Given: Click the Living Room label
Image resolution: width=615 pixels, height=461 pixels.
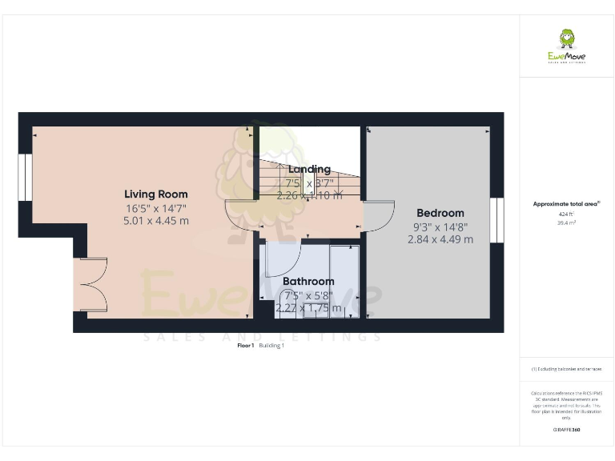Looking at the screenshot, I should coord(156,194).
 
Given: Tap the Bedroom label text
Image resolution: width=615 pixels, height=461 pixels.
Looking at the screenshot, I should coord(440,213).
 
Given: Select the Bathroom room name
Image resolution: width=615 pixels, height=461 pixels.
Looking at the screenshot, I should coord(308,282).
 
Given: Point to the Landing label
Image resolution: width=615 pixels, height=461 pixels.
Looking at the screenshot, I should coord(309,169).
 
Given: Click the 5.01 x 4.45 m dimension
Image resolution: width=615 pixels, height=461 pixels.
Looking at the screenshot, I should coord(156,220).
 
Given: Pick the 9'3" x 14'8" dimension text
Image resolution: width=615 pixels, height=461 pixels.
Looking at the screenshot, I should coord(440,226).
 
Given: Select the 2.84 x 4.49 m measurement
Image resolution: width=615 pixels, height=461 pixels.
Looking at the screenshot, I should coord(440,239).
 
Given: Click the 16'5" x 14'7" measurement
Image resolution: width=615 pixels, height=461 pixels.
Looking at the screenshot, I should coord(156,207).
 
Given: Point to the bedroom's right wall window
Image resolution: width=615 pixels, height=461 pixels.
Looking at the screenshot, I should coord(497,218).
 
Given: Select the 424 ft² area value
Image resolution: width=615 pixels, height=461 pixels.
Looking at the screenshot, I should coord(566,214).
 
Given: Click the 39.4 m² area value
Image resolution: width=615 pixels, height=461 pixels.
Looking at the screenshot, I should coord(566,223).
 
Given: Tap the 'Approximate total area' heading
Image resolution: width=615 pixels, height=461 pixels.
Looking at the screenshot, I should coord(566,205).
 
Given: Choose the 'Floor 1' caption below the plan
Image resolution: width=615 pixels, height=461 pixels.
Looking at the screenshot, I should coord(246,346).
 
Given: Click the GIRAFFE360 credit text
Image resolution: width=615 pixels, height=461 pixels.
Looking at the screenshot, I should coord(566,430).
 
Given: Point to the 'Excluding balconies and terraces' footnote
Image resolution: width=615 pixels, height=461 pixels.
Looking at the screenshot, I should coord(566,369).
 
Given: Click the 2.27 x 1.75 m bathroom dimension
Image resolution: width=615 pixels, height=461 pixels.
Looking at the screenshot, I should coord(308,307).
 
